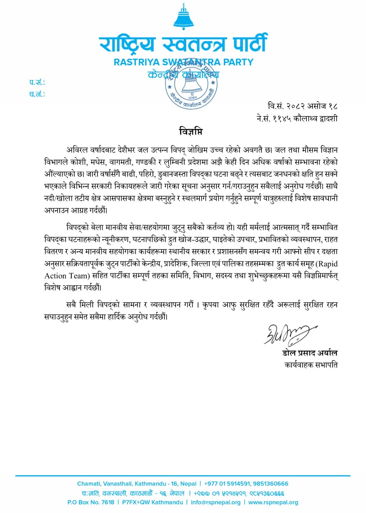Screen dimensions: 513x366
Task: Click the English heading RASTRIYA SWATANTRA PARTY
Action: click(183, 62)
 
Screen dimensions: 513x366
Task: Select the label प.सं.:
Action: click(37, 82)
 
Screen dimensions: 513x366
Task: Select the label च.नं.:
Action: click(37, 94)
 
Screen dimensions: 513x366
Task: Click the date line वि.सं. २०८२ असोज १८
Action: click(303, 106)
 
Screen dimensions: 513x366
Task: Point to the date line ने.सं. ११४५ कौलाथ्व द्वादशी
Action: click(297, 119)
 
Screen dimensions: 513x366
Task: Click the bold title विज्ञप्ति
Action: click(191, 131)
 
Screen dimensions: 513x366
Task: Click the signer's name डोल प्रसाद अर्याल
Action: click(310, 353)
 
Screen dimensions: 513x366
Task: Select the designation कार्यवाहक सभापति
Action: click(311, 365)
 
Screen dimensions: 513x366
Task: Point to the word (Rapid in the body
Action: click(327, 264)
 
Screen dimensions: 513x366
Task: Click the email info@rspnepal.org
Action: click(215, 502)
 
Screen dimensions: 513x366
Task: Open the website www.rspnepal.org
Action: click(273, 502)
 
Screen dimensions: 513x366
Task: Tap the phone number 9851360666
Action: click(270, 484)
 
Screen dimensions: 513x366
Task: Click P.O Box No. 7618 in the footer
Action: click(91, 502)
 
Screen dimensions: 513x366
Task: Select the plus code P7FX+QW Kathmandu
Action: click(152, 502)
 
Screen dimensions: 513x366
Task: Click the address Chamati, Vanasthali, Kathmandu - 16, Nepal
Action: click(137, 484)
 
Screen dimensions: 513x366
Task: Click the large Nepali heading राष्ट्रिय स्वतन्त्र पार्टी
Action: click(183, 44)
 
